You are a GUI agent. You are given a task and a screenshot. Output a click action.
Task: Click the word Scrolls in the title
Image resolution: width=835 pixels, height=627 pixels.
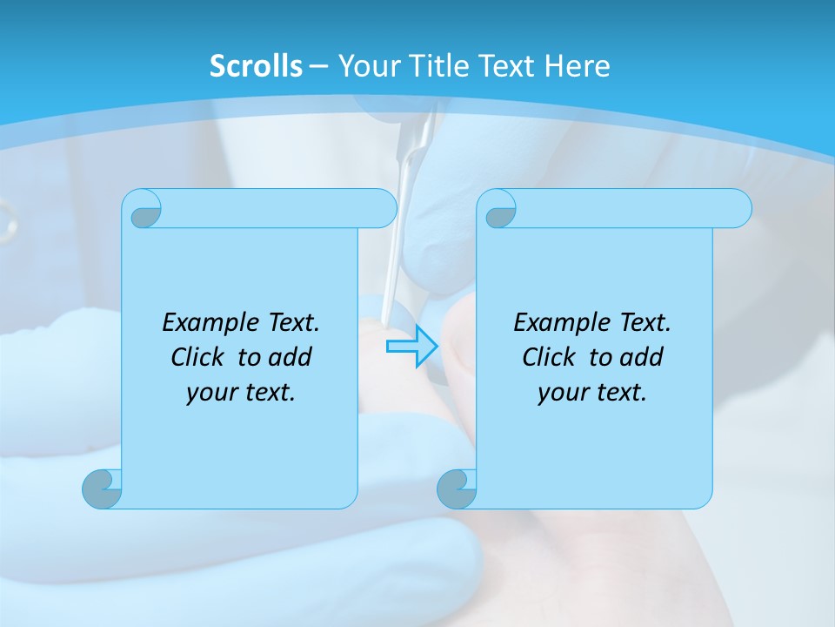(256, 66)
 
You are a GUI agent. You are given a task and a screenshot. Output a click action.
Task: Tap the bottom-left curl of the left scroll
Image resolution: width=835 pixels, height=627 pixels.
(103, 489)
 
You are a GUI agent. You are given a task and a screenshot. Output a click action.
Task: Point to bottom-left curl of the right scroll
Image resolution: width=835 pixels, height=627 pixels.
(457, 489)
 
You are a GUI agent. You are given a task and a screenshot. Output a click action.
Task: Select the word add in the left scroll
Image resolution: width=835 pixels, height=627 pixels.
(291, 357)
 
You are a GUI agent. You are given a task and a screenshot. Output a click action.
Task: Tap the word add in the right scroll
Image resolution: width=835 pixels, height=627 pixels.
(642, 357)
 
